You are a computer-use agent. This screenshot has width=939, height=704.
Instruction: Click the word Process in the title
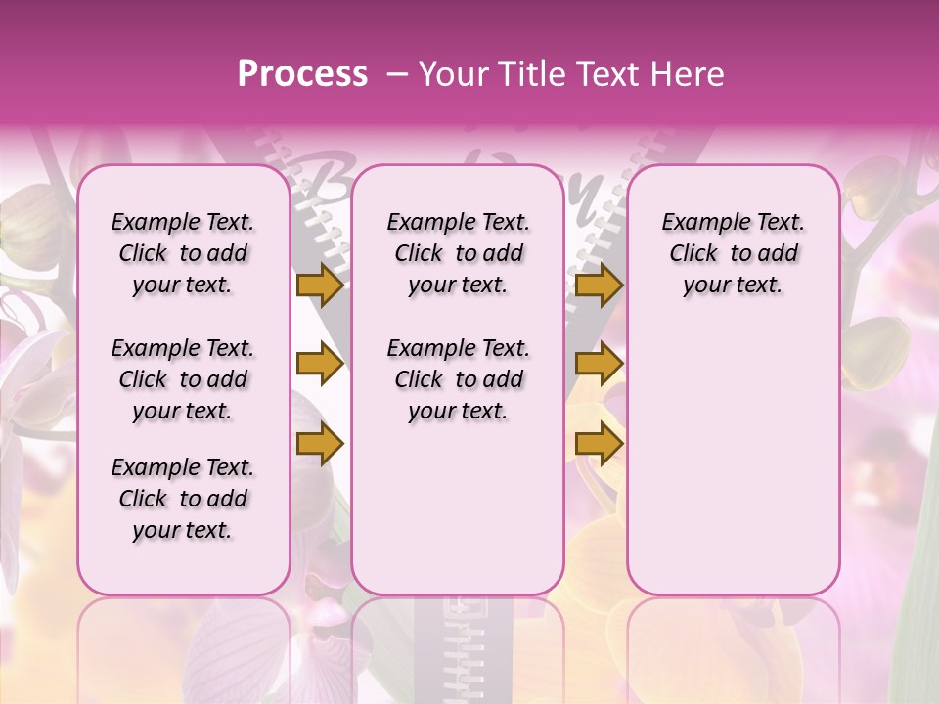point(302,74)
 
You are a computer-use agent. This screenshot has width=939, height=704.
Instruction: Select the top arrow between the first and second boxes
point(320,285)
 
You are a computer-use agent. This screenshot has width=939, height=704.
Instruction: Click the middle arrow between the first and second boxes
point(320,365)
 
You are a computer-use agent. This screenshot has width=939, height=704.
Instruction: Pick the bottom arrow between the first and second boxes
point(320,445)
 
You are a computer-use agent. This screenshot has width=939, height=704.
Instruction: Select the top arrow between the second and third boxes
point(599,285)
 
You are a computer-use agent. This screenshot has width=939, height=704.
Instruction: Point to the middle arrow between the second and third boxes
point(599,365)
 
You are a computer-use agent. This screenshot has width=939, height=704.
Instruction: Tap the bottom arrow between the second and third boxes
point(599,445)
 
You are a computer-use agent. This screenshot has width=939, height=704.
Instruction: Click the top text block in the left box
point(183,253)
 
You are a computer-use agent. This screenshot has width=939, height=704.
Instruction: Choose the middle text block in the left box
point(183,379)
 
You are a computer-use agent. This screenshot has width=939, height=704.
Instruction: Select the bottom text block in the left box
point(183,499)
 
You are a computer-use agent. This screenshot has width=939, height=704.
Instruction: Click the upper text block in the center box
point(458,253)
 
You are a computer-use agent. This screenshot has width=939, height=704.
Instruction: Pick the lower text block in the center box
point(458,379)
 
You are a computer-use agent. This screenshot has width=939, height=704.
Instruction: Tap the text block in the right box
point(734,253)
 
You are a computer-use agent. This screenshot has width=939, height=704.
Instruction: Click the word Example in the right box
point(699,223)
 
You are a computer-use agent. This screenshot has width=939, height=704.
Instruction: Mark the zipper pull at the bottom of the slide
point(458,626)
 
